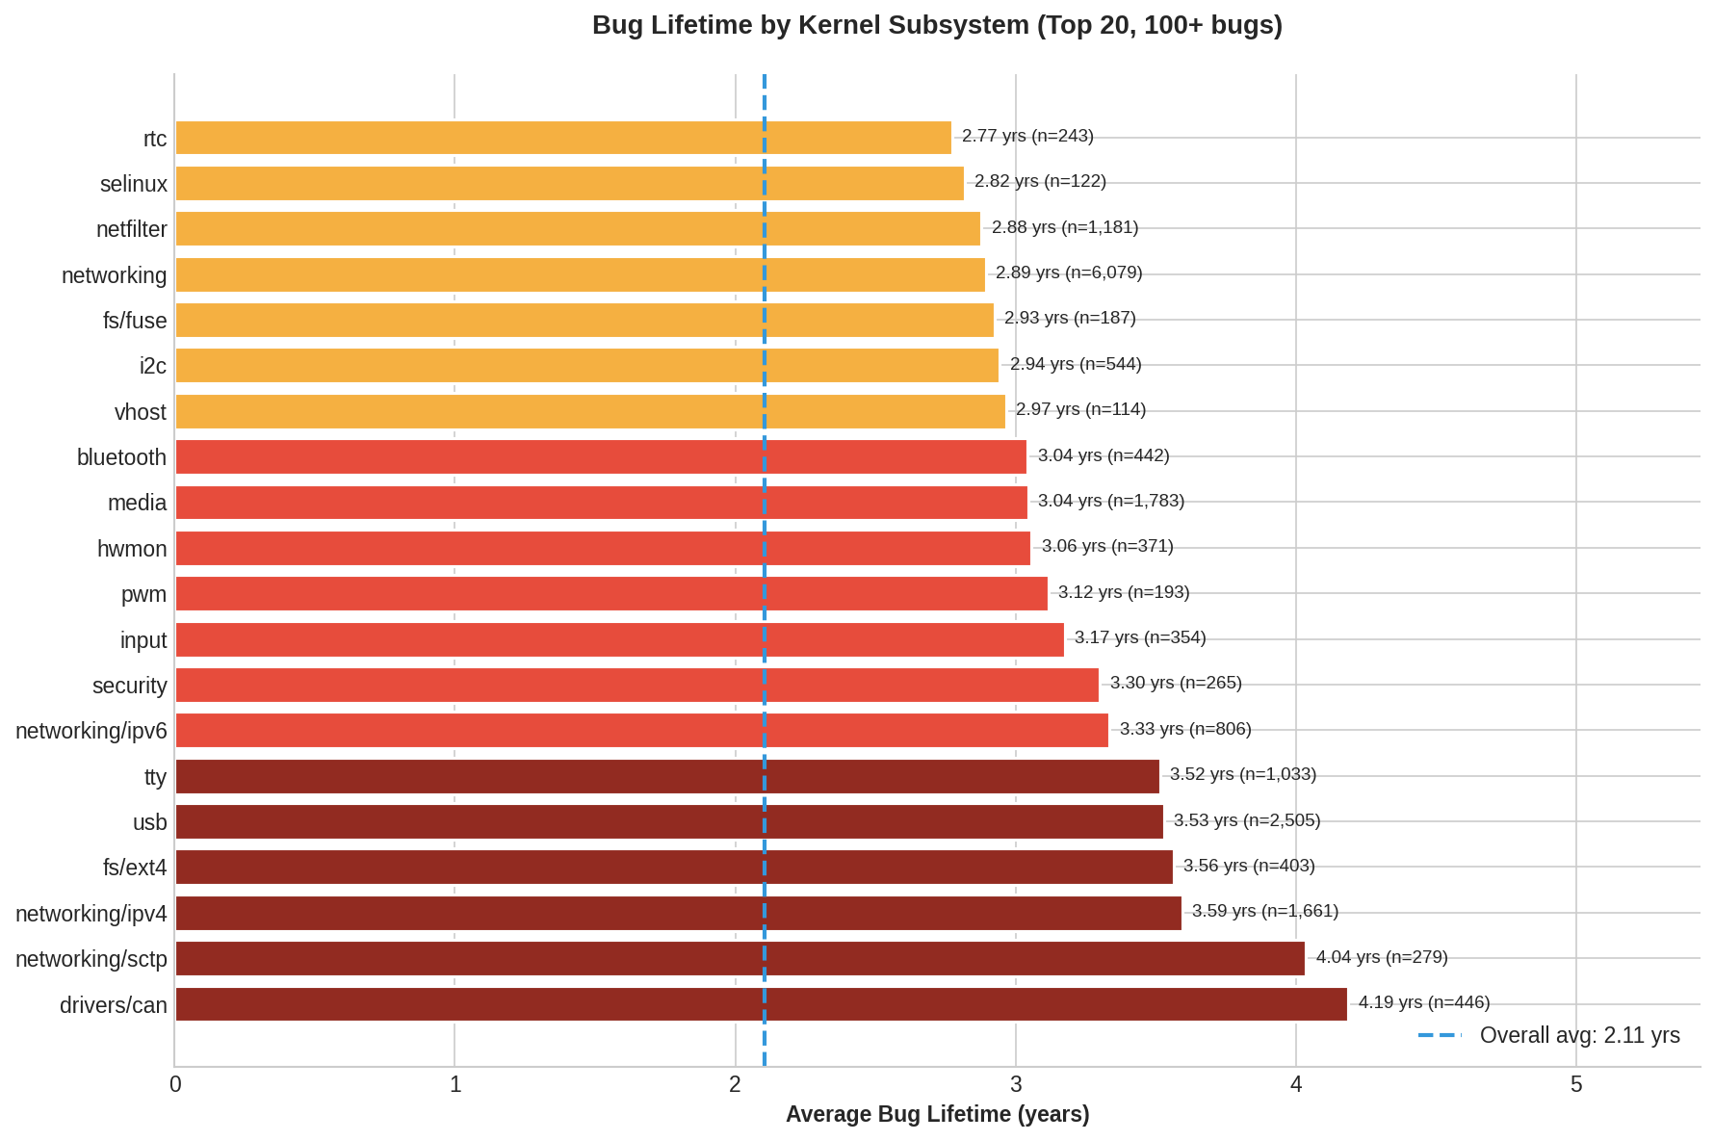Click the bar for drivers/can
pyautogui.click(x=761, y=1004)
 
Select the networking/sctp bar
pyautogui.click(x=740, y=959)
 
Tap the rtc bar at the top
pyautogui.click(x=563, y=138)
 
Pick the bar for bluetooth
pyautogui.click(x=601, y=457)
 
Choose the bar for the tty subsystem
pyautogui.click(x=667, y=776)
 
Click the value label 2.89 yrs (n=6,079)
pyautogui.click(x=1069, y=272)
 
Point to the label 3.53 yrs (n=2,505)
pyautogui.click(x=1247, y=820)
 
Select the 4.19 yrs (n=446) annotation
pyautogui.click(x=1424, y=1002)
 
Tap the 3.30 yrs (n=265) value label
pyautogui.click(x=1176, y=683)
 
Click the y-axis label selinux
pyautogui.click(x=134, y=184)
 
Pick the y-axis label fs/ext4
pyautogui.click(x=135, y=868)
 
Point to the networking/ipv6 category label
pyautogui.click(x=91, y=731)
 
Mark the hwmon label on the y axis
pyautogui.click(x=132, y=549)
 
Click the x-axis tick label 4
pyautogui.click(x=1296, y=1085)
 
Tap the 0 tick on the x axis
pyautogui.click(x=175, y=1085)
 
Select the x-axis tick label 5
pyautogui.click(x=1576, y=1085)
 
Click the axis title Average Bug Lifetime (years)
pyautogui.click(x=937, y=1115)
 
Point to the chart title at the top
pyautogui.click(x=937, y=25)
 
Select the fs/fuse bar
pyautogui.click(x=584, y=321)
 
